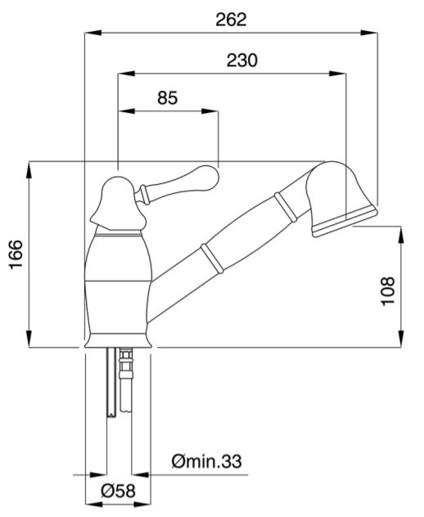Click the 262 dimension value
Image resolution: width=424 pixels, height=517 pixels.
[231, 20]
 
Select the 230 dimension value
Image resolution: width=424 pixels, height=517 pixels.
[241, 61]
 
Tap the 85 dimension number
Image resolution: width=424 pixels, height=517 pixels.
[167, 98]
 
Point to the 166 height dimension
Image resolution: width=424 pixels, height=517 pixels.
[16, 254]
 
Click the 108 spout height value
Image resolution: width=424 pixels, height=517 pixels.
[388, 291]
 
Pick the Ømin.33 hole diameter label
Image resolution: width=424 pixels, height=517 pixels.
[206, 461]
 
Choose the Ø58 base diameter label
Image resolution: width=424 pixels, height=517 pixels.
[118, 490]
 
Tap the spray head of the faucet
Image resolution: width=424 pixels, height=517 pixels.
[341, 198]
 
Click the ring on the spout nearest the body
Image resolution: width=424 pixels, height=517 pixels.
[212, 258]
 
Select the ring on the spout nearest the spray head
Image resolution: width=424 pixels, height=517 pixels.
[286, 208]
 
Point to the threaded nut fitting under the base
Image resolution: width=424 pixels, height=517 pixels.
[126, 364]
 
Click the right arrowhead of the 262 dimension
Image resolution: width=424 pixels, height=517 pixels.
[368, 33]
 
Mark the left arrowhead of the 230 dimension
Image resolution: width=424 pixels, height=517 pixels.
[127, 74]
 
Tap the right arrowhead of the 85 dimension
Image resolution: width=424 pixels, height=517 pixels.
[210, 111]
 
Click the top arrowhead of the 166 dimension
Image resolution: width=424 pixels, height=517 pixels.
[29, 170]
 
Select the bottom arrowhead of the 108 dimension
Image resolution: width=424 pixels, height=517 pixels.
[401, 339]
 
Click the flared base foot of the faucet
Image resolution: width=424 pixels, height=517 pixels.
[118, 340]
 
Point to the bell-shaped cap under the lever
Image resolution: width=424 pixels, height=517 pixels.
[118, 205]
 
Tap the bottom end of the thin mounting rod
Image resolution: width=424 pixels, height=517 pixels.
[111, 415]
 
